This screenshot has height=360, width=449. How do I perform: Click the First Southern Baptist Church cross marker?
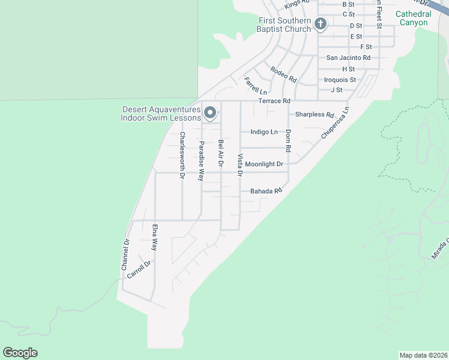pyautogui.click(x=321, y=24)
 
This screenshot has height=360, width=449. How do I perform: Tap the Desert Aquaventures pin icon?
pyautogui.click(x=210, y=112)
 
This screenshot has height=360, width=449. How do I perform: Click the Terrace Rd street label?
pyautogui.click(x=274, y=101)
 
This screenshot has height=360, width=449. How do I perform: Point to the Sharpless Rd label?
pyautogui.click(x=314, y=115)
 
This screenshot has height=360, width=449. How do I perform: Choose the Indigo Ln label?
pyautogui.click(x=264, y=132)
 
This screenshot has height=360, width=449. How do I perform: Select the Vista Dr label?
pyautogui.click(x=240, y=165)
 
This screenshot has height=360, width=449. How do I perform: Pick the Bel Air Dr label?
pyautogui.click(x=220, y=153)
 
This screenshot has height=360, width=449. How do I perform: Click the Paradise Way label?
pyautogui.click(x=202, y=161)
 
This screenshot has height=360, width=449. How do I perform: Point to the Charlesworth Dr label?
pyautogui.click(x=182, y=155)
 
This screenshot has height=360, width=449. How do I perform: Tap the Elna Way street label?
pyautogui.click(x=155, y=237)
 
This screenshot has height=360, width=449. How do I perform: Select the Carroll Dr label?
pyautogui.click(x=139, y=269)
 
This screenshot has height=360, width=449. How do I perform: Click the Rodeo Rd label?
pyautogui.click(x=283, y=74)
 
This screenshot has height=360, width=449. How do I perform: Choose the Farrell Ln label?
pyautogui.click(x=255, y=85)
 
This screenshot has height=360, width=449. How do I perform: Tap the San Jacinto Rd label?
pyautogui.click(x=348, y=58)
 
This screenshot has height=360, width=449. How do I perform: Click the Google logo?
pyautogui.click(x=20, y=353)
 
